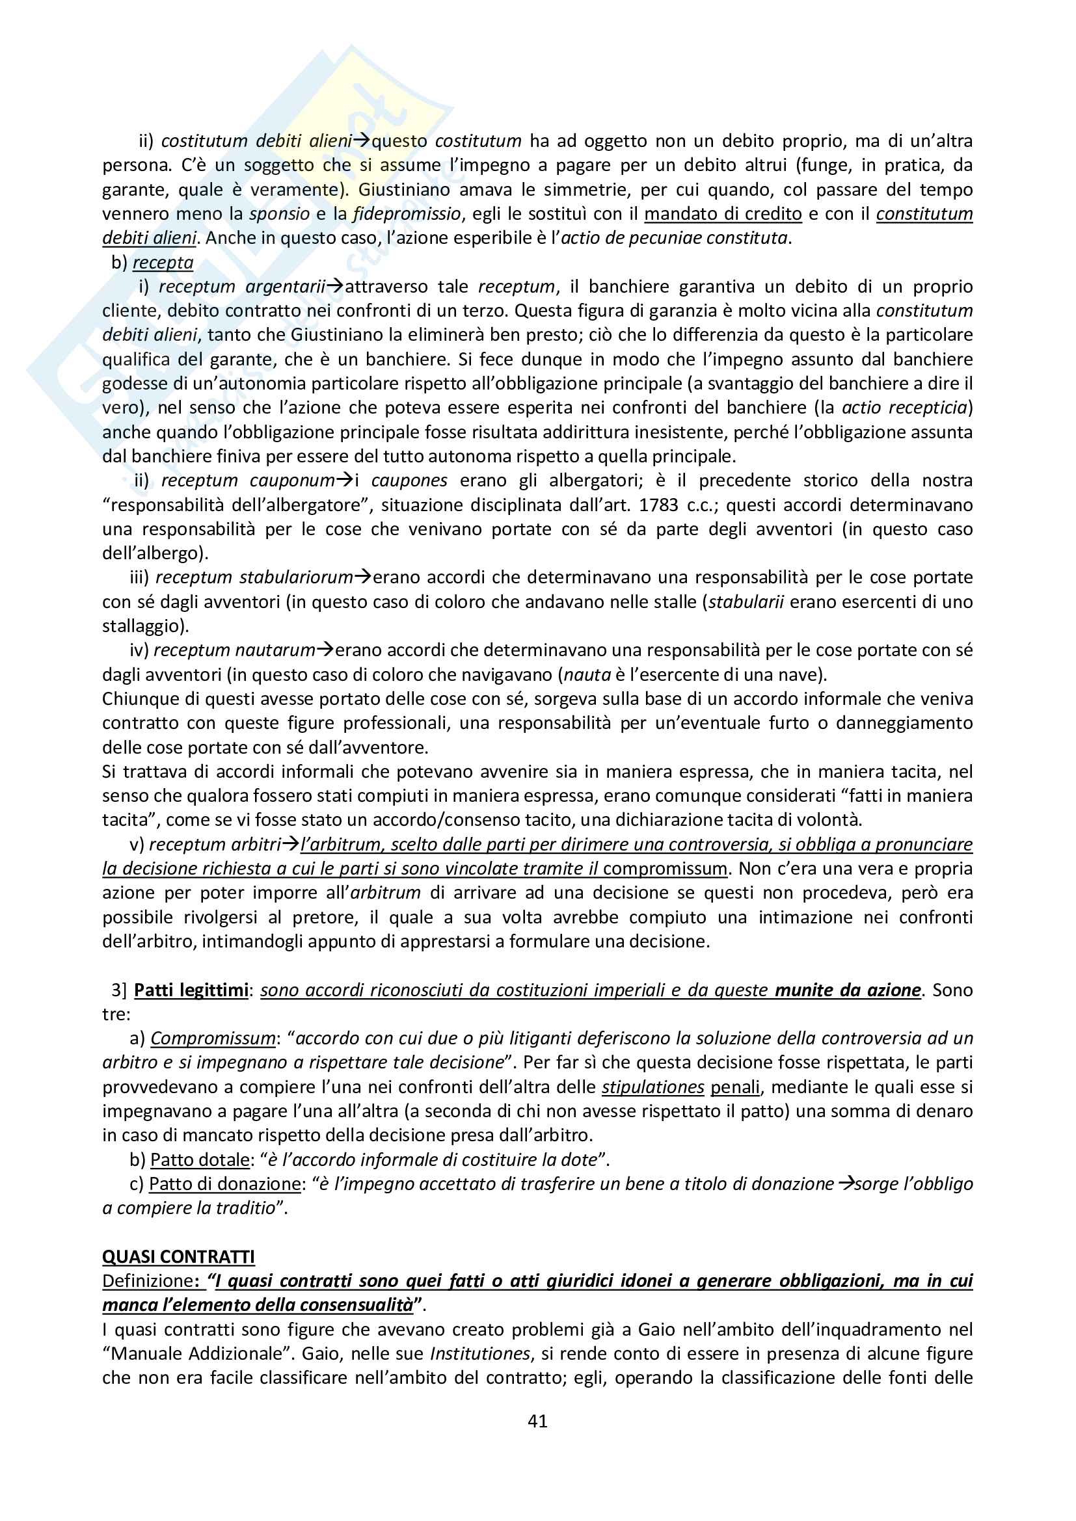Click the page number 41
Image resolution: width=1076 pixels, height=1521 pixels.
click(x=537, y=1421)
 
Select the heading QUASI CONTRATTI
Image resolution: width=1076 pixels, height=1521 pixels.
click(x=178, y=1257)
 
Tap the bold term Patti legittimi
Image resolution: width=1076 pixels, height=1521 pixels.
click(x=191, y=990)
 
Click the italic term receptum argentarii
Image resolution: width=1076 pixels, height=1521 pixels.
click(x=242, y=286)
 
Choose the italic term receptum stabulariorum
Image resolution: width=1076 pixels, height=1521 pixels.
click(x=254, y=577)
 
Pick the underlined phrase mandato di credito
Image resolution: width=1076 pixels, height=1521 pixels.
click(x=723, y=214)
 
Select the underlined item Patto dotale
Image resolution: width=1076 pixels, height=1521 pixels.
click(x=200, y=1159)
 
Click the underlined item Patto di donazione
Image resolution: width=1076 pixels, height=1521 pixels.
click(x=224, y=1184)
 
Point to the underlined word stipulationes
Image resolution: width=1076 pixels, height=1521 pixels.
click(x=652, y=1087)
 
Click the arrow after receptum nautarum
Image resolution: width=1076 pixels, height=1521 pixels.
click(x=325, y=650)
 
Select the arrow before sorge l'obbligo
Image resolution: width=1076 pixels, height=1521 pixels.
click(x=845, y=1184)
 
